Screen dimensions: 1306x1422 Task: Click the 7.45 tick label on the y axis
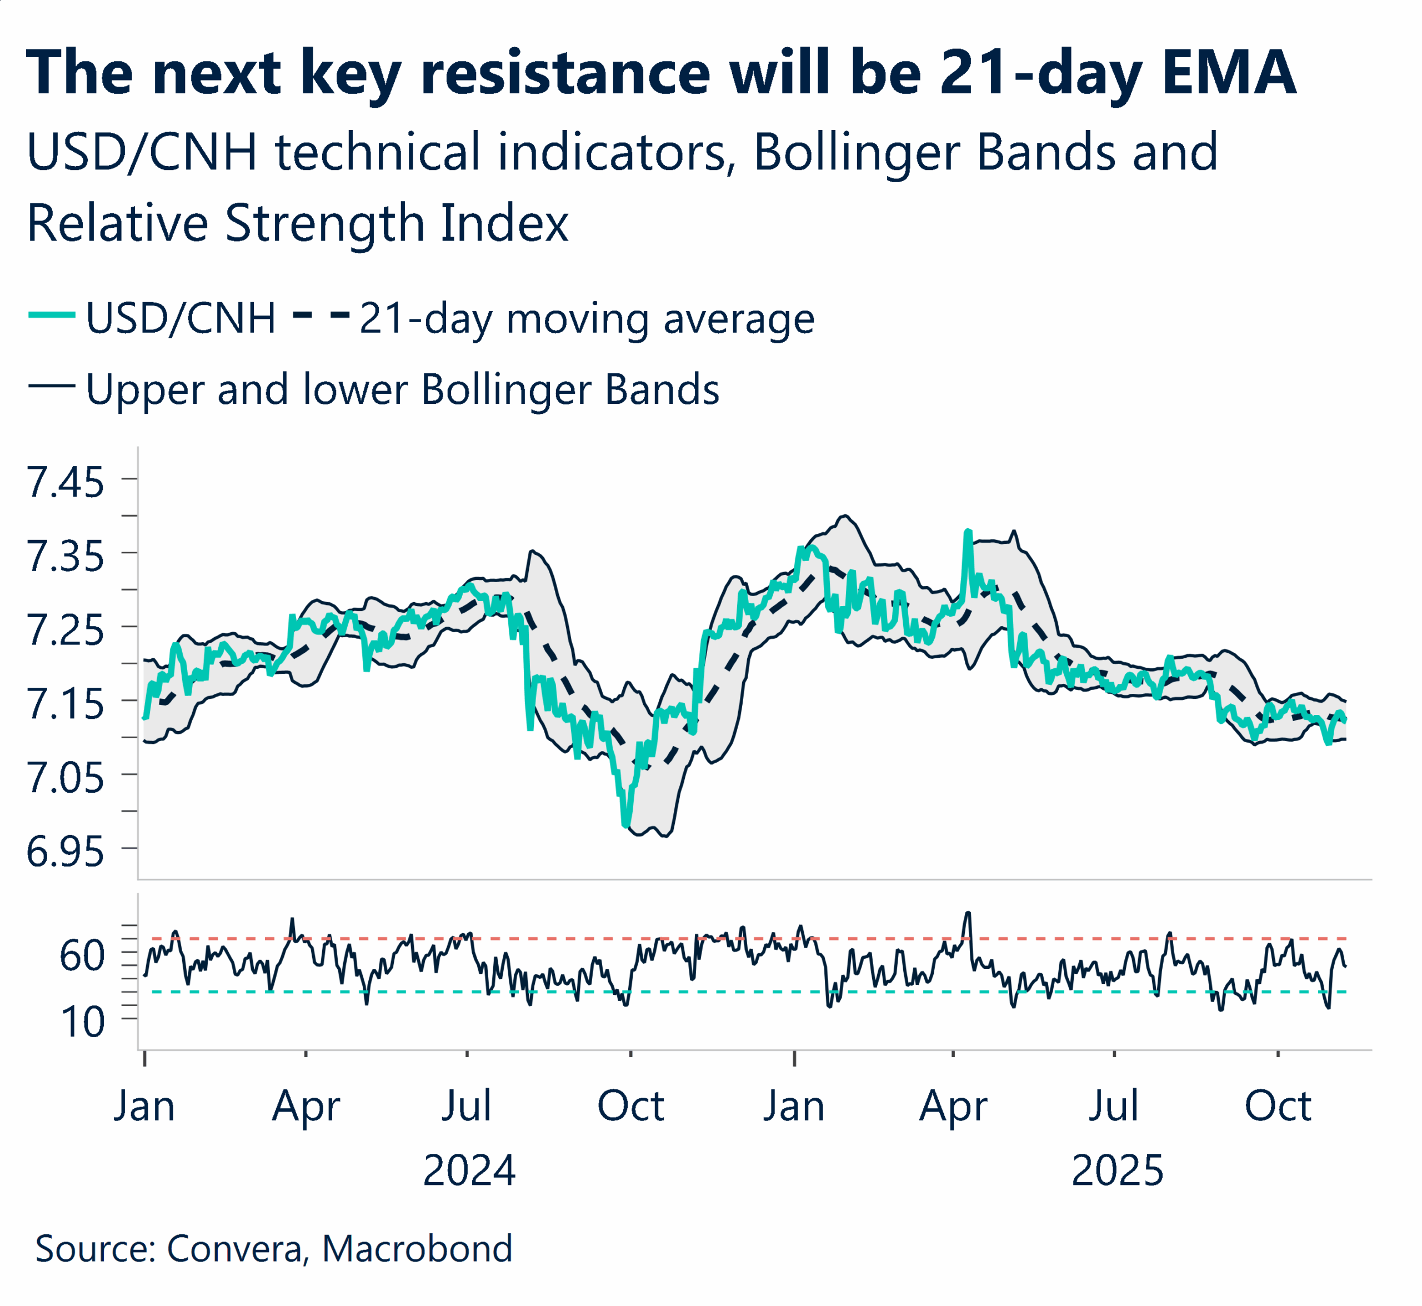[64, 483]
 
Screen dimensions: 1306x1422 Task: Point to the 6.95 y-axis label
[64, 852]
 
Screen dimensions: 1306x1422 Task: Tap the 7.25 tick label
[64, 631]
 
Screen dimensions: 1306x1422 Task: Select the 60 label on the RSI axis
[82, 955]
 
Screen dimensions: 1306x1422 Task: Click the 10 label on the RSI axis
[83, 1021]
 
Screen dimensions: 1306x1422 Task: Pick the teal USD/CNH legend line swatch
[52, 315]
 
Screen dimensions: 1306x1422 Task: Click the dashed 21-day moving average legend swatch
[321, 315]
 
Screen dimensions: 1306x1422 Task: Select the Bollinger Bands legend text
[402, 389]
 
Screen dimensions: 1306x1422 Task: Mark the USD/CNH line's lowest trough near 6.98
[625, 824]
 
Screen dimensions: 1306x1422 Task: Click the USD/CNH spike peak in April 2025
[968, 532]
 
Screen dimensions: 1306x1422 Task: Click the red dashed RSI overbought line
[707, 938]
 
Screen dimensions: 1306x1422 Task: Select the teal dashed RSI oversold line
[707, 992]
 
